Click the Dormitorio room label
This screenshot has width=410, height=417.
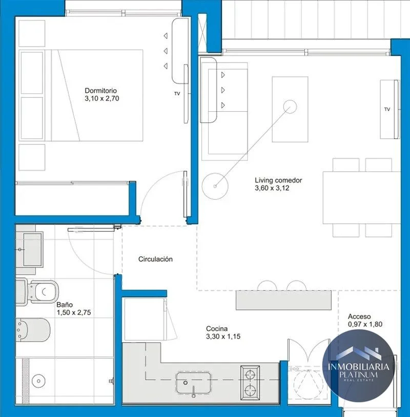tap(100, 91)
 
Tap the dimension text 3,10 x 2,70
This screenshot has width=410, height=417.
tap(102, 98)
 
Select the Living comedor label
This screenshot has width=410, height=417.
tap(278, 180)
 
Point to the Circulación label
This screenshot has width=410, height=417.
tap(155, 259)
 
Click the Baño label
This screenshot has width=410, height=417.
tap(65, 305)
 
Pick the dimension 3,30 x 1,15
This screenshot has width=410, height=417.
tap(223, 337)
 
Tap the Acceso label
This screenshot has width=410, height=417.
tap(359, 317)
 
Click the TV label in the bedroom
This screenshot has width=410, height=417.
tap(177, 94)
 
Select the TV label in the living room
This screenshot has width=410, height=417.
tap(387, 109)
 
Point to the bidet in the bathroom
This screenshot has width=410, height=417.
tap(33, 330)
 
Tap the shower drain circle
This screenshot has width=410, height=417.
tap(38, 381)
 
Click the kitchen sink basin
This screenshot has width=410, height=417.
tap(193, 383)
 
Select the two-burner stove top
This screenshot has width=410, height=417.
tap(250, 383)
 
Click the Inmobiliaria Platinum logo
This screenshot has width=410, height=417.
tap(358, 365)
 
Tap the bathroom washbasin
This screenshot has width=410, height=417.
tap(32, 249)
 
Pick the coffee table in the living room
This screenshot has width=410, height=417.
tap(290, 109)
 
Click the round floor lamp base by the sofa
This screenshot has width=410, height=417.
tap(215, 186)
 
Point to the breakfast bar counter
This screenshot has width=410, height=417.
tap(283, 300)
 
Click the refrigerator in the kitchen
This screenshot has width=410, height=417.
tap(144, 319)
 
